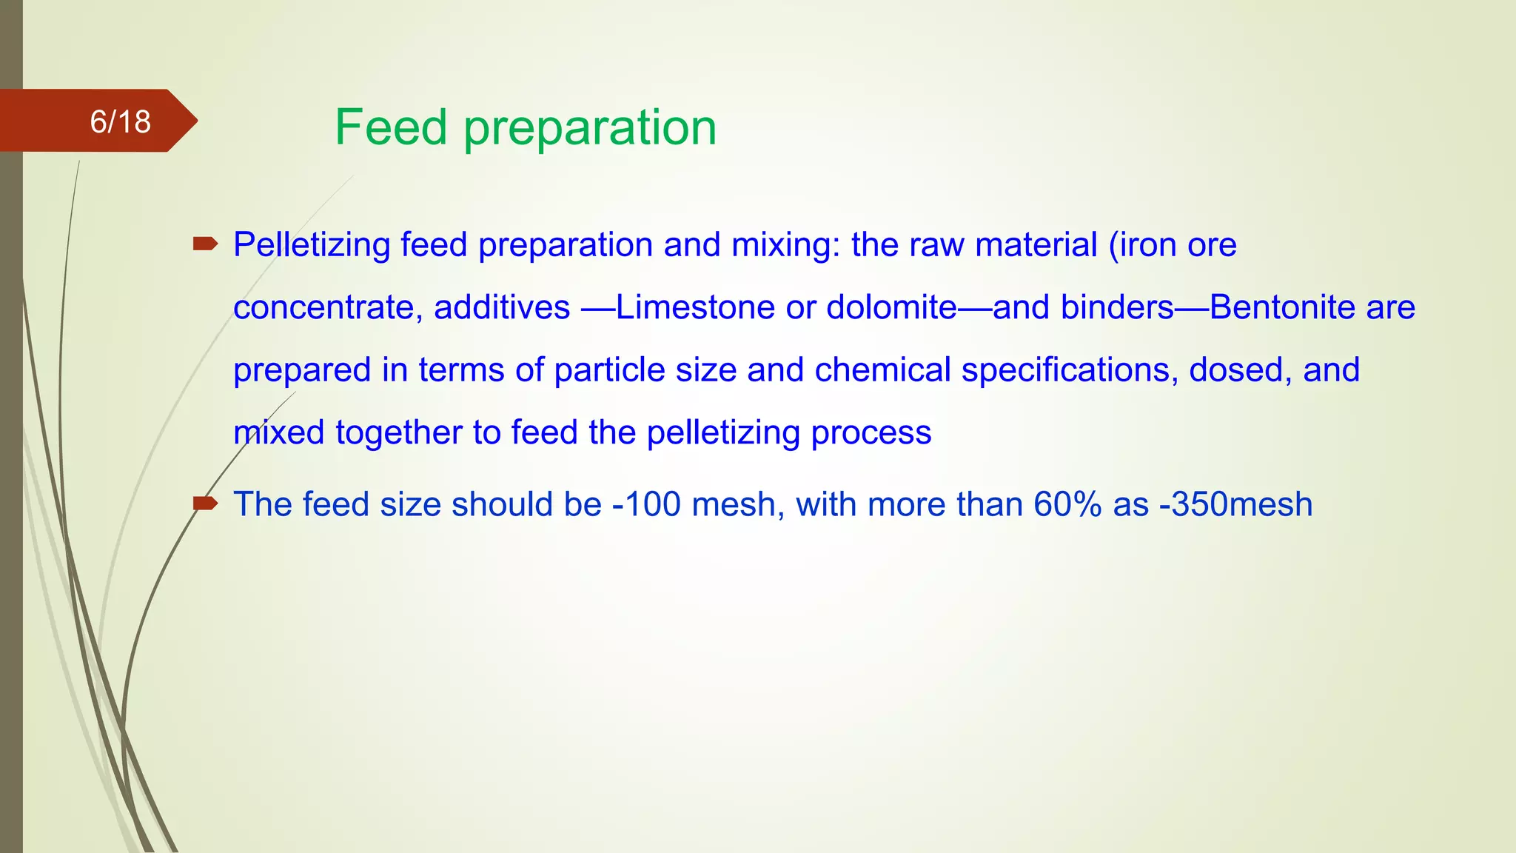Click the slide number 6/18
point(120,121)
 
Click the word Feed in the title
point(391,127)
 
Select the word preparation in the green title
point(590,129)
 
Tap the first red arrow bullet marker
point(204,244)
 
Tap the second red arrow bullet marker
point(204,504)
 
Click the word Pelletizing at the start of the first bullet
point(311,245)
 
